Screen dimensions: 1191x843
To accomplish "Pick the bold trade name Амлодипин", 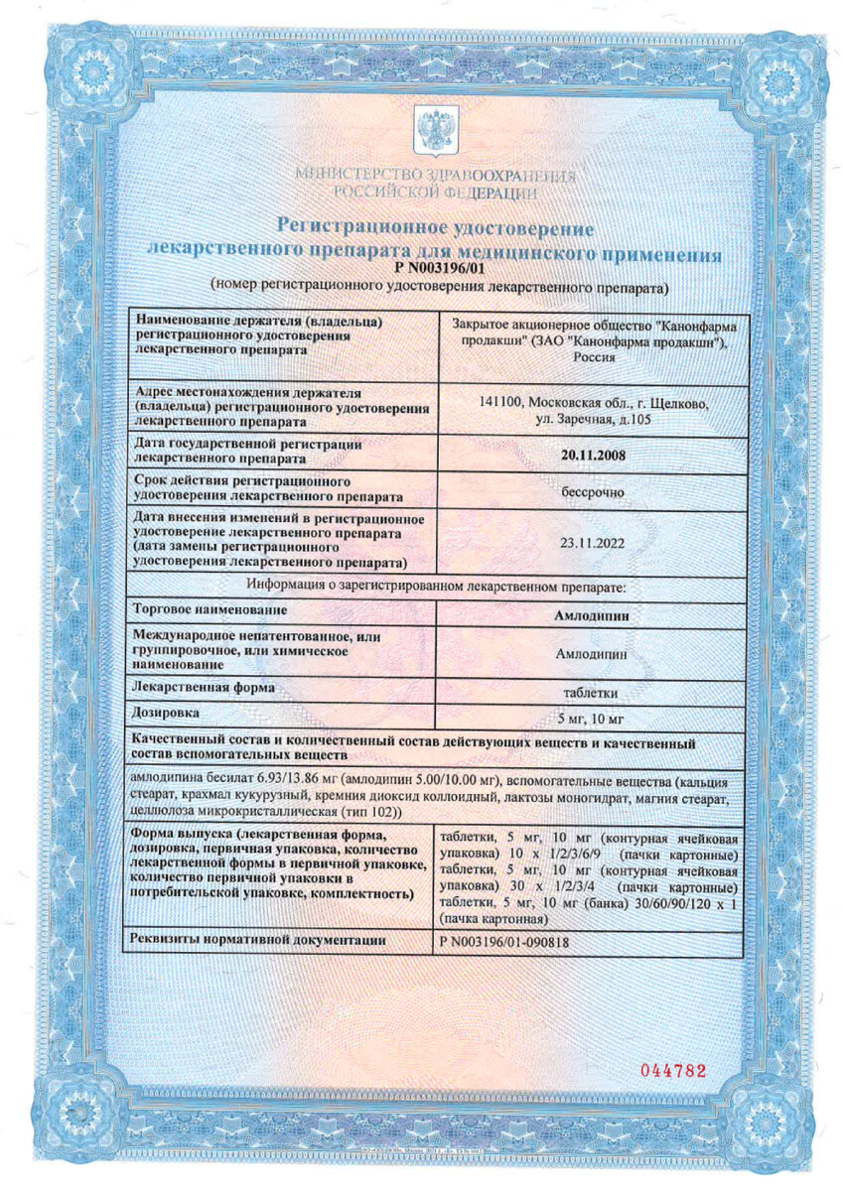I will [x=593, y=614].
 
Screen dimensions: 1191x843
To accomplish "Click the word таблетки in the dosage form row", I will [x=593, y=692].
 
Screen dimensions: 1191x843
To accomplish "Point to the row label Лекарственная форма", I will [x=203, y=687].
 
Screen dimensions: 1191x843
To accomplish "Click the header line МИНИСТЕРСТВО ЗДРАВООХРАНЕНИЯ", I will [x=435, y=176].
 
